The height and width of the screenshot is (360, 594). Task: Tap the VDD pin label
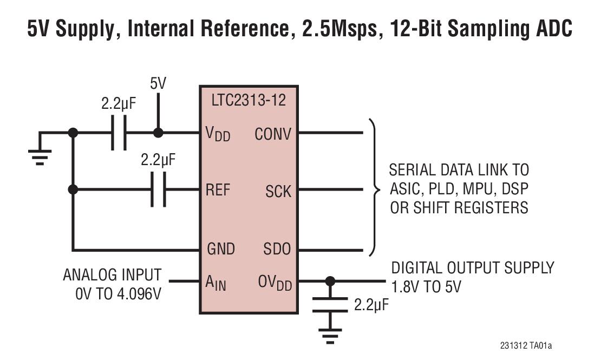coord(218,133)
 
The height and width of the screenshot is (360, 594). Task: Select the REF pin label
coord(218,189)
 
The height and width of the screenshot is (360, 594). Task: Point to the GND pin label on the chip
coord(221,249)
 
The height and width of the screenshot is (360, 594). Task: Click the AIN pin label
coord(216,283)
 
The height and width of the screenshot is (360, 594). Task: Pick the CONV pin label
coord(273,133)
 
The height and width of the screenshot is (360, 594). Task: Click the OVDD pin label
coord(273,283)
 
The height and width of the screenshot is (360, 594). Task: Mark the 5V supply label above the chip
coord(158,84)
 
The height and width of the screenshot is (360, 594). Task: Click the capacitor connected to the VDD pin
coord(119,133)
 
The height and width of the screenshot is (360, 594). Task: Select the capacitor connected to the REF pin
coord(158,189)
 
